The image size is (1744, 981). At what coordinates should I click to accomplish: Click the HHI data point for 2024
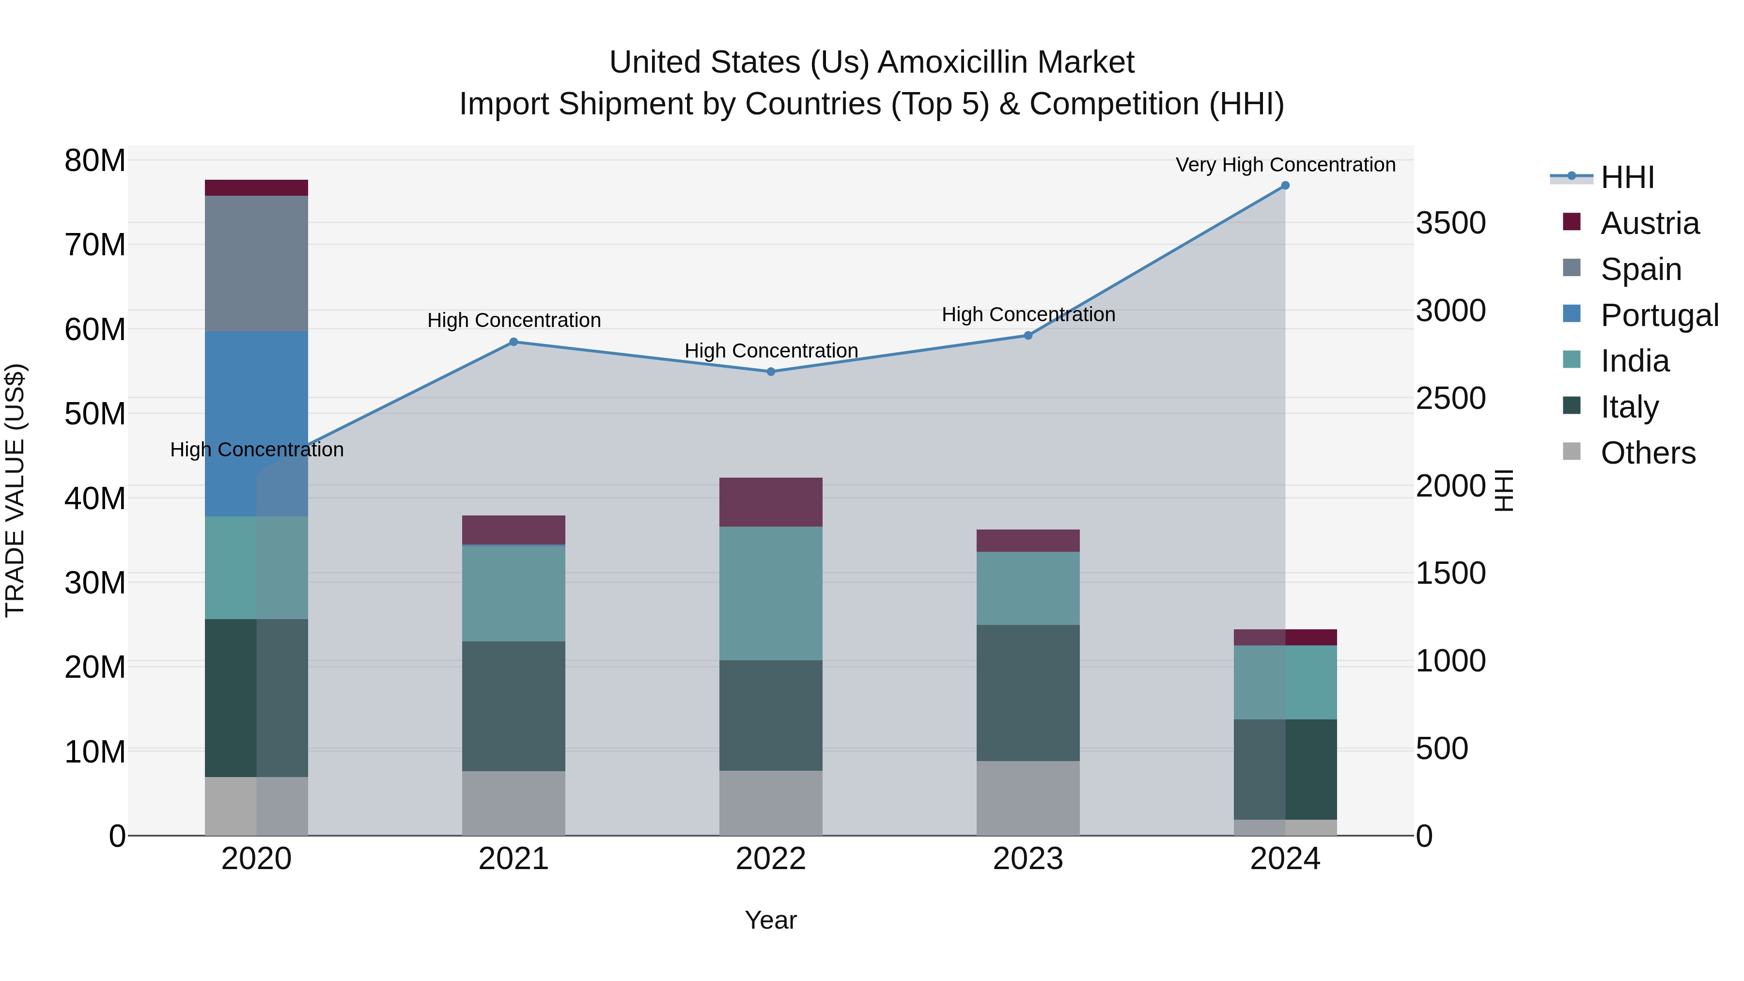tap(1285, 186)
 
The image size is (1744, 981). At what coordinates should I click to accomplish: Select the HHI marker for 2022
tap(770, 372)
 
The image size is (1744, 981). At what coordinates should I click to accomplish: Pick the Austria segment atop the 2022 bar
tap(770, 502)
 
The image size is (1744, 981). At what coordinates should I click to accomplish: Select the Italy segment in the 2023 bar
tap(1028, 693)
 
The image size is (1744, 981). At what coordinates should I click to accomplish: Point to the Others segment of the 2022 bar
tap(770, 803)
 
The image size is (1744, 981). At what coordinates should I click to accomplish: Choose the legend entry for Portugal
tap(1659, 315)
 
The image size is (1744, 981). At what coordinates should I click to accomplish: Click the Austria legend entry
tap(1649, 223)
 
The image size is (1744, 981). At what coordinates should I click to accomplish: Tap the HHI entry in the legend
tap(1627, 177)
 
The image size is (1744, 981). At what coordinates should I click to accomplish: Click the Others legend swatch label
tap(1648, 453)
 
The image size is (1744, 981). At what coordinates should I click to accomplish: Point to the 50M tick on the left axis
tap(95, 414)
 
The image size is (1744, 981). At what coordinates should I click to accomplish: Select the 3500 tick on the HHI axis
tap(1450, 223)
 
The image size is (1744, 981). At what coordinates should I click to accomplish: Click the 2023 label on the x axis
tap(1028, 859)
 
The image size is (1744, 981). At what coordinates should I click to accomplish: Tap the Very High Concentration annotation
tap(1285, 165)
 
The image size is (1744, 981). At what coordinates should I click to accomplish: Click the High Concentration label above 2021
tap(514, 320)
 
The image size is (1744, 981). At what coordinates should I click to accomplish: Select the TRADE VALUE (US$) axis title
tap(15, 490)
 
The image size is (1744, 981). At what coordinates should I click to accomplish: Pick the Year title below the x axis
tap(770, 920)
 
